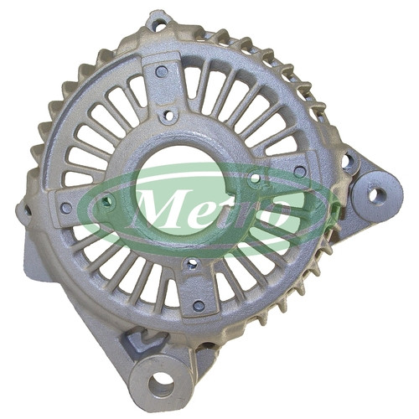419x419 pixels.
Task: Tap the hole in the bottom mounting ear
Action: pyautogui.click(x=161, y=382)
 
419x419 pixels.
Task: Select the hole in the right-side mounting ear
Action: pyautogui.click(x=376, y=195)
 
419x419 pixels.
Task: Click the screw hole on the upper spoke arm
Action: pyautogui.click(x=162, y=72)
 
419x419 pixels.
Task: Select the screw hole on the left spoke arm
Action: pyautogui.click(x=66, y=207)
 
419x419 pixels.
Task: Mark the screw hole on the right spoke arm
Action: pyautogui.click(x=300, y=170)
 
